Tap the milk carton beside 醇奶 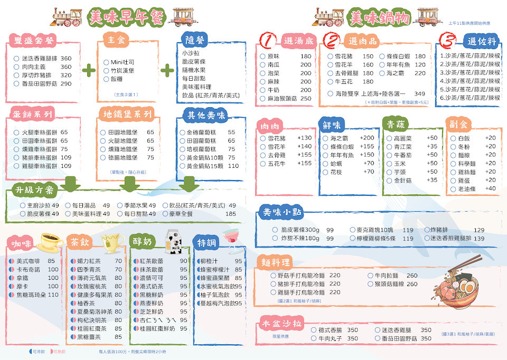[x=175, y=240]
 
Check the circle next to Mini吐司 [x=106, y=62]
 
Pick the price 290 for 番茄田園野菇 [x=65, y=83]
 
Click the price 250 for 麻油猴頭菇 [x=306, y=99]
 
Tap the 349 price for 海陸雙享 [x=419, y=93]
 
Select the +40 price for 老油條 [x=491, y=188]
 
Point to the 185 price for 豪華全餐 [x=231, y=214]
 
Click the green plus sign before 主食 [x=89, y=69]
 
